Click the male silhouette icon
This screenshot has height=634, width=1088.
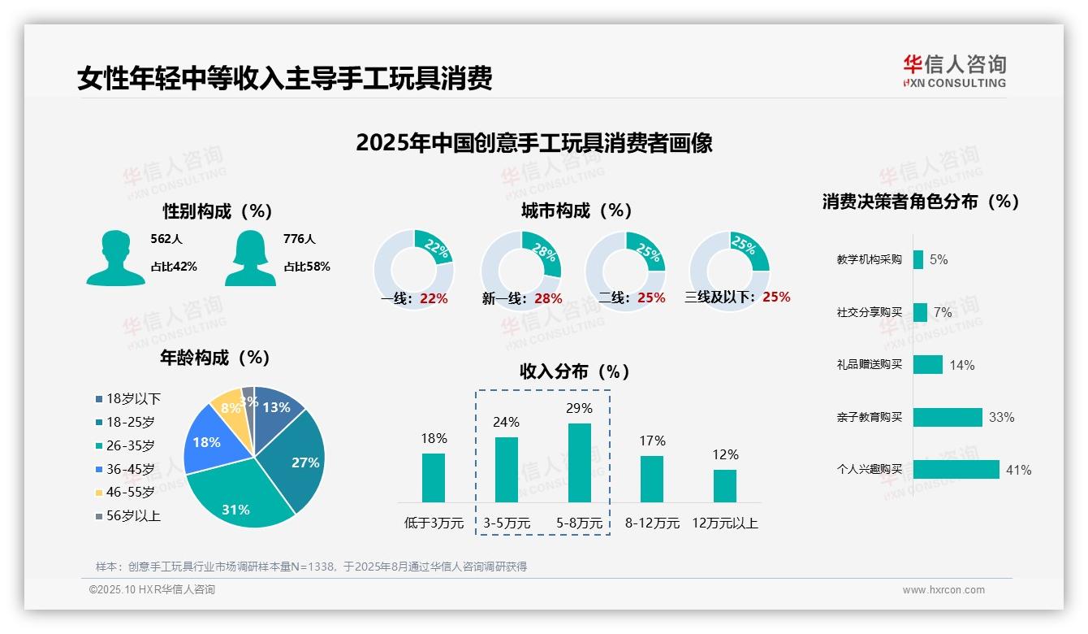point(116,258)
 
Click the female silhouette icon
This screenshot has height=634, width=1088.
point(250,258)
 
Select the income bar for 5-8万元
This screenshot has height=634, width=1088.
point(580,462)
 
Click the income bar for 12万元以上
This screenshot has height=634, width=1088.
point(725,485)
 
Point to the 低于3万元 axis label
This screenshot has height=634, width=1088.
point(434,523)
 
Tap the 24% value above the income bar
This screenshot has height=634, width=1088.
point(507,422)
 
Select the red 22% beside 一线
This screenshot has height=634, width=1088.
point(434,298)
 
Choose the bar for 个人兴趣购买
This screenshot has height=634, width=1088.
point(956,470)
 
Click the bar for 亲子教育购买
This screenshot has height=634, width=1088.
point(947,417)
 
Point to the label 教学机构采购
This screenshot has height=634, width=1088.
point(869,259)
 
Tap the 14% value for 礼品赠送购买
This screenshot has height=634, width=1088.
point(962,365)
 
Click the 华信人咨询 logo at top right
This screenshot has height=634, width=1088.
point(954,71)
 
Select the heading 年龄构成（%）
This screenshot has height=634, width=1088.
point(215,358)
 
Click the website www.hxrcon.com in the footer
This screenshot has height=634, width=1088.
point(943,590)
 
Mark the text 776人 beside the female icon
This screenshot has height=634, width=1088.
point(299,239)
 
